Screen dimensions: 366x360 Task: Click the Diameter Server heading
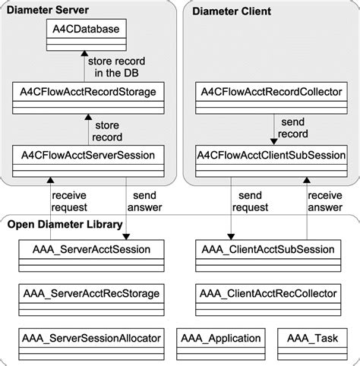tap(47, 10)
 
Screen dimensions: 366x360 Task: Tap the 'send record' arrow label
tap(294, 127)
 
